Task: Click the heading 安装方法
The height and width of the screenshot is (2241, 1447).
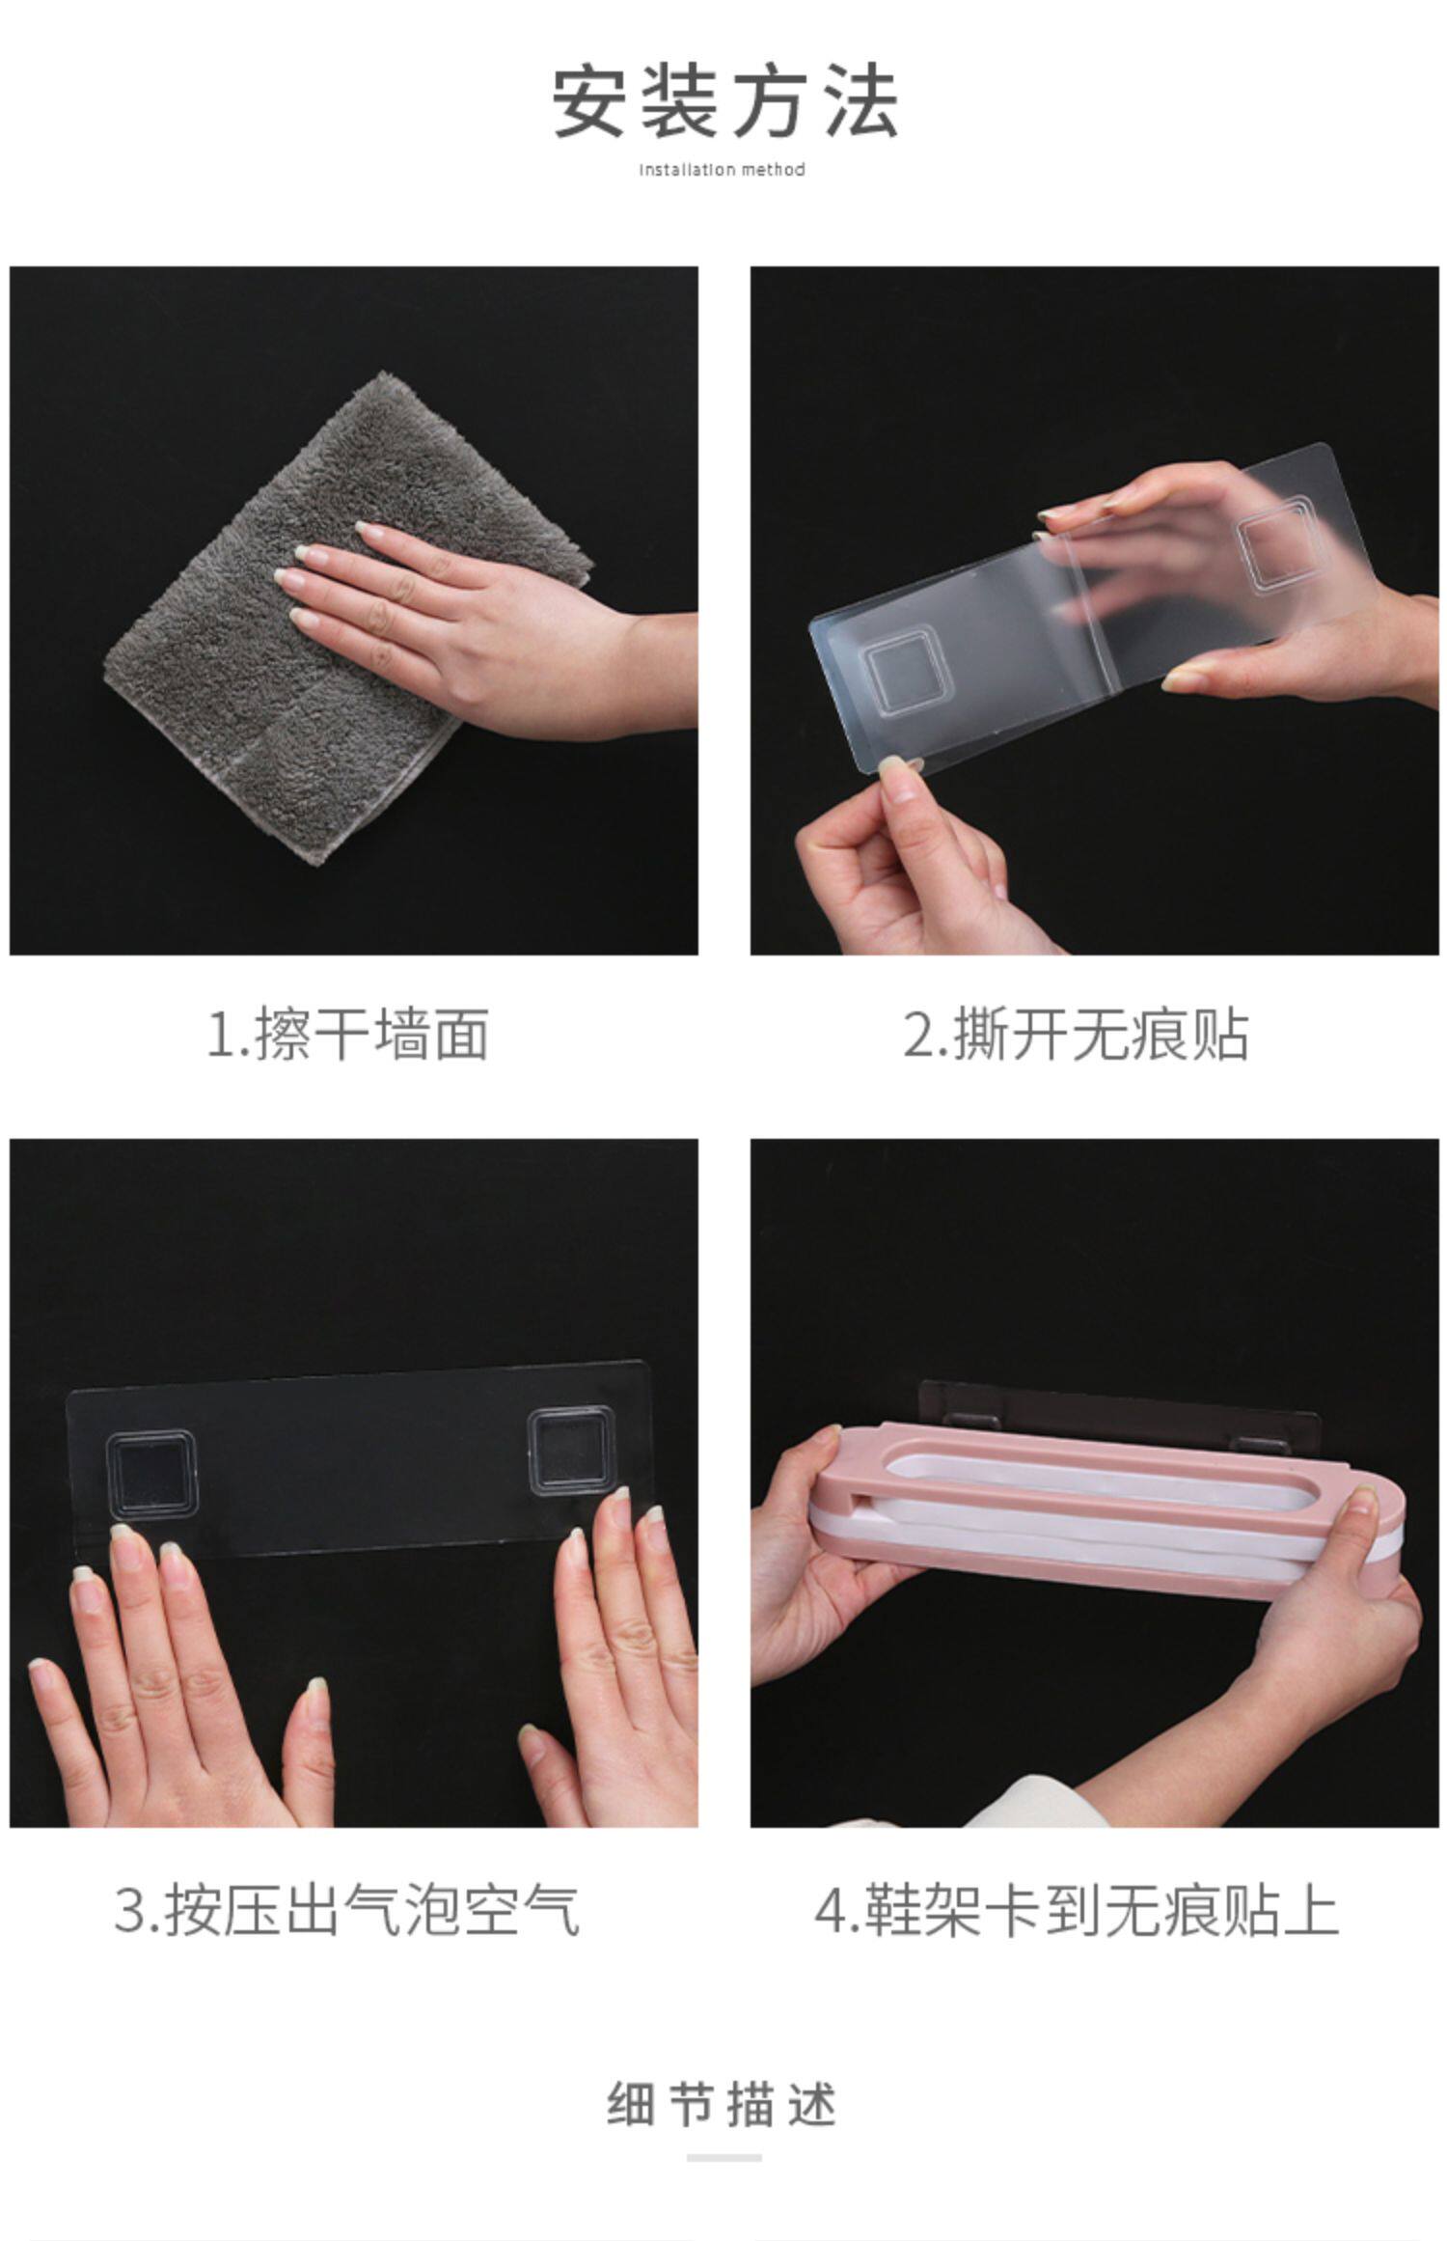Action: pos(724,101)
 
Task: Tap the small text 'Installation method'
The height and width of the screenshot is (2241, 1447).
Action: pos(723,170)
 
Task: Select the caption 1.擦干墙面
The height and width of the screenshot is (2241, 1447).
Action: pos(347,1035)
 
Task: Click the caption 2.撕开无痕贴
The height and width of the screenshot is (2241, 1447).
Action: pos(1076,1035)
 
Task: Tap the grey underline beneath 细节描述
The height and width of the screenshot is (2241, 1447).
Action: pos(723,2158)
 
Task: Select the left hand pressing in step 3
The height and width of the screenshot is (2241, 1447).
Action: pos(174,1679)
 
